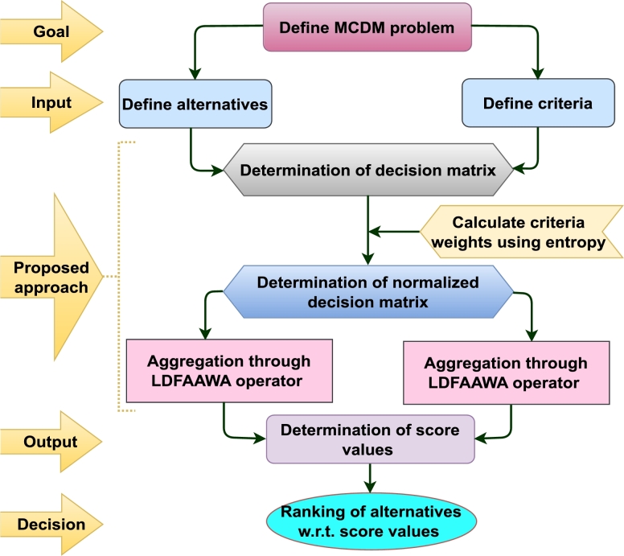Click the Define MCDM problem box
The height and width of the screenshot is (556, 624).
tap(367, 28)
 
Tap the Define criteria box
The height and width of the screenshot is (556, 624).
tap(527, 103)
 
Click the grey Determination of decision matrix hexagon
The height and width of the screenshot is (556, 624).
tap(368, 170)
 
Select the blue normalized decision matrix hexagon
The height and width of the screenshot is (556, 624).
tap(367, 292)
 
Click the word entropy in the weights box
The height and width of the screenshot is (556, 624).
tap(571, 241)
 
